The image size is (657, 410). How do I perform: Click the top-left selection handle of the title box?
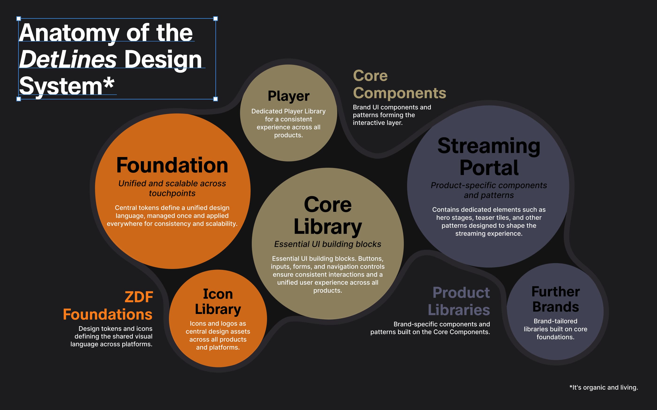(19, 19)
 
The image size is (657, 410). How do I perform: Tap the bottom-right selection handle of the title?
(216, 99)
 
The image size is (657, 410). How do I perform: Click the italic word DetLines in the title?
(68, 59)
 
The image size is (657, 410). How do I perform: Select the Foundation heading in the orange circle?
(172, 165)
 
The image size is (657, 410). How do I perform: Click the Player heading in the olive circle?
(289, 96)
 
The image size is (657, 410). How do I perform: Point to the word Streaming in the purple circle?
(489, 146)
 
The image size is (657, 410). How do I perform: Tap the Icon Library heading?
(218, 302)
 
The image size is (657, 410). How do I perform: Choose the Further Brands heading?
(556, 299)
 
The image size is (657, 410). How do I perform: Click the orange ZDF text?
(139, 297)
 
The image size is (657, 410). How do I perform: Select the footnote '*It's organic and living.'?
(604, 387)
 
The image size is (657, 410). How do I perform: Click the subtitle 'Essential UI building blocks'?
(328, 244)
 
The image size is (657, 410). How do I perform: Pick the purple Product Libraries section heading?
(459, 301)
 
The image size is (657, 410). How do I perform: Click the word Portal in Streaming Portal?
(489, 168)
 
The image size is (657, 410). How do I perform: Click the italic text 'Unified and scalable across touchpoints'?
(172, 188)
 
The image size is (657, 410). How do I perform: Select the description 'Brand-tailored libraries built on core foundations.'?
(555, 329)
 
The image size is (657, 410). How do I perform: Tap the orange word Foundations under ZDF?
(108, 315)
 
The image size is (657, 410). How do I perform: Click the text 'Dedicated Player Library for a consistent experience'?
(289, 119)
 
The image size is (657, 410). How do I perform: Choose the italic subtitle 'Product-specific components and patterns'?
(489, 190)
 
